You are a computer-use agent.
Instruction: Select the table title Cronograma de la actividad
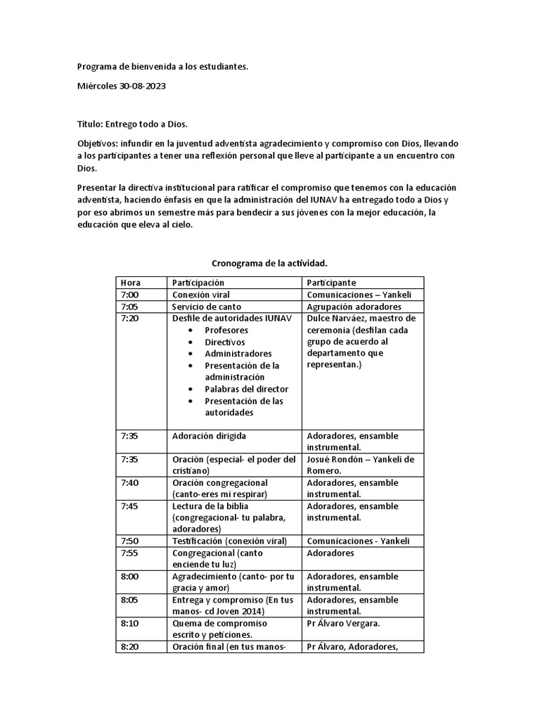pos(270,263)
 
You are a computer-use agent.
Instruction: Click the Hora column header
pos(130,283)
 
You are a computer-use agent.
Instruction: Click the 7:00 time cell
pos(129,295)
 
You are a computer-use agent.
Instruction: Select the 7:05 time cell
pos(129,307)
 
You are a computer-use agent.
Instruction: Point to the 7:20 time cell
pos(129,319)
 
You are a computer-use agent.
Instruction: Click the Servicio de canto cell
pos(207,307)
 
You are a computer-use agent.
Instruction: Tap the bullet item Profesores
pos(228,330)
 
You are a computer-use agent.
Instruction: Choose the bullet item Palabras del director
pos(246,389)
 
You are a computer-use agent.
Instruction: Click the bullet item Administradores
pos(238,354)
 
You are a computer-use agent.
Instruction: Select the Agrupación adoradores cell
pos(354,307)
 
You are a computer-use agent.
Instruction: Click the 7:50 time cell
pos(129,541)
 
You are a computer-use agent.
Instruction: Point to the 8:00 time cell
pos(129,576)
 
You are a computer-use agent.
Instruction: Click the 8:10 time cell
pos(129,623)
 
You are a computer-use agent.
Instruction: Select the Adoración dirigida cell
pos(209,435)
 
